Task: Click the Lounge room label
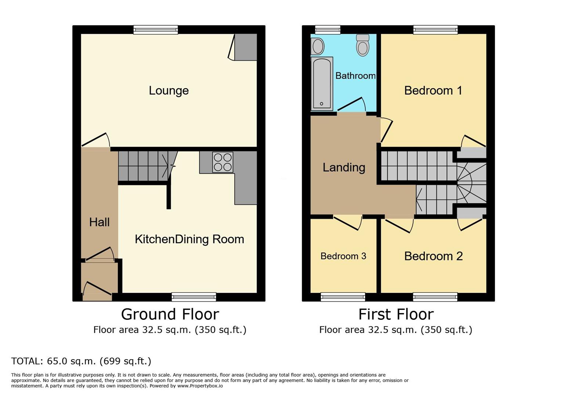pyautogui.click(x=169, y=90)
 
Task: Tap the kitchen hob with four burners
pyautogui.click(x=223, y=162)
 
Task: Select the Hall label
pyautogui.click(x=100, y=222)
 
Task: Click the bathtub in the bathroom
pyautogui.click(x=322, y=83)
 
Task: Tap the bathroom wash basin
pyautogui.click(x=318, y=47)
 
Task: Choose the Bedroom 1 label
pyautogui.click(x=433, y=90)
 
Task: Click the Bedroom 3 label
pyautogui.click(x=343, y=256)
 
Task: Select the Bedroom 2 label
pyautogui.click(x=433, y=256)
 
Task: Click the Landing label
pyautogui.click(x=344, y=168)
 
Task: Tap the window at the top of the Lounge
pyautogui.click(x=156, y=30)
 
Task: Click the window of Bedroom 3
pyautogui.click(x=343, y=297)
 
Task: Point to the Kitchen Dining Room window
pyautogui.click(x=194, y=297)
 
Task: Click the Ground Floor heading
pyautogui.click(x=170, y=314)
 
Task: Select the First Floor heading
pyautogui.click(x=396, y=314)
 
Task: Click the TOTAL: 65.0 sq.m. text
pyautogui.click(x=81, y=361)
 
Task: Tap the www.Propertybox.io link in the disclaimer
pyautogui.click(x=200, y=386)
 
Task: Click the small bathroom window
pyautogui.click(x=328, y=30)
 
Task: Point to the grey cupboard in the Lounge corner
pyautogui.click(x=246, y=47)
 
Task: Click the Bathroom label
pyautogui.click(x=355, y=76)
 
